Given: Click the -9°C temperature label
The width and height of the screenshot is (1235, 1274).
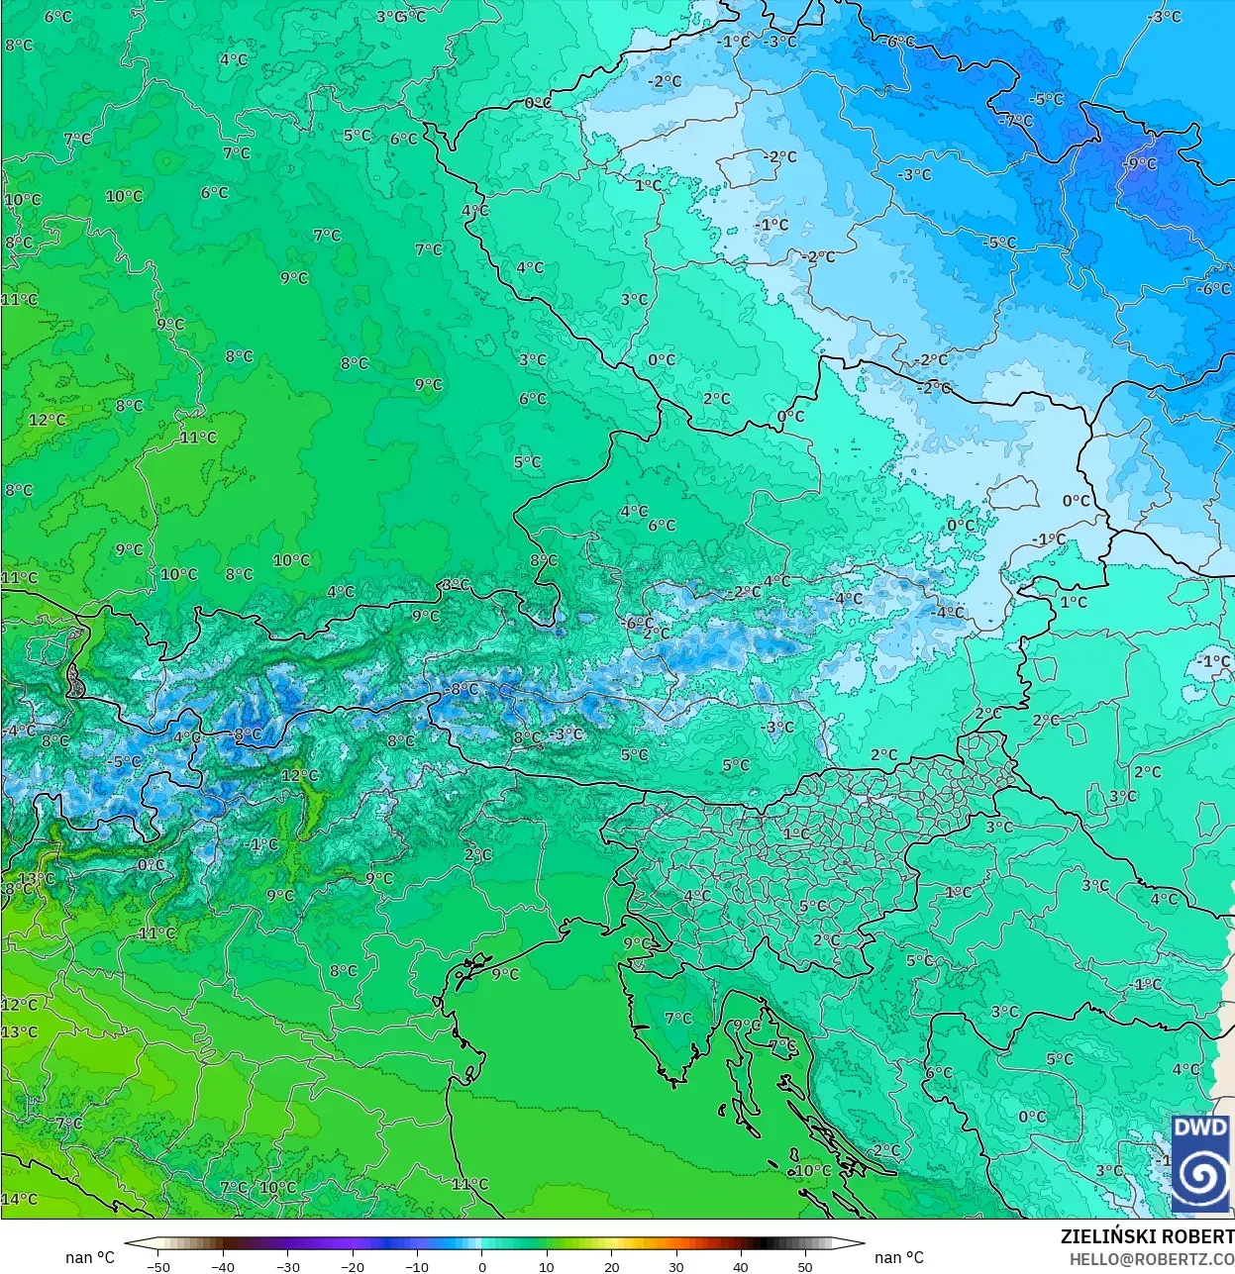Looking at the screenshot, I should pos(1140,163).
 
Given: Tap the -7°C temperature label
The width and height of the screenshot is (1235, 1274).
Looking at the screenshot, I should pos(1016,121).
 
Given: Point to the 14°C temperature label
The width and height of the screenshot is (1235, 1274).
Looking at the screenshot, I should pos(19,1199).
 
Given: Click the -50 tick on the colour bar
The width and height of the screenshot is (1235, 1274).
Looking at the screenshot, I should pos(158,1266).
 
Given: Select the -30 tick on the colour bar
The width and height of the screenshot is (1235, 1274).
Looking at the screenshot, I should pos(288,1266).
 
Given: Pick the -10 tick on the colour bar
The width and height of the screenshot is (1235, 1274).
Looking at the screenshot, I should pos(417,1266).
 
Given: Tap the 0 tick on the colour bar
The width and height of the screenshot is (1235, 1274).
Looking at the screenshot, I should pos(482,1266).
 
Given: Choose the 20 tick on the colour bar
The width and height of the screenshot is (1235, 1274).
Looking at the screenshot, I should pos(611,1266).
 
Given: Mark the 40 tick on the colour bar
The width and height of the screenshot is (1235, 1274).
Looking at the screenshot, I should pos(741,1266).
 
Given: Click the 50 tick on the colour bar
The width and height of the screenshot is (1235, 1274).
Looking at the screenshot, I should pos(805,1266).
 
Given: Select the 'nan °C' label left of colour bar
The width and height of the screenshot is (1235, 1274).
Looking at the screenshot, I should pos(90,1257).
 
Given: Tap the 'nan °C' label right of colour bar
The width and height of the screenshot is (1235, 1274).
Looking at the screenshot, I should pos(898,1257).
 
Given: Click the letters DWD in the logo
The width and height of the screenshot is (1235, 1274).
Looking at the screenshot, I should pos(1199,1127).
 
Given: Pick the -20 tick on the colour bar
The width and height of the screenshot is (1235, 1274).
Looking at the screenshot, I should pos(353,1266).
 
